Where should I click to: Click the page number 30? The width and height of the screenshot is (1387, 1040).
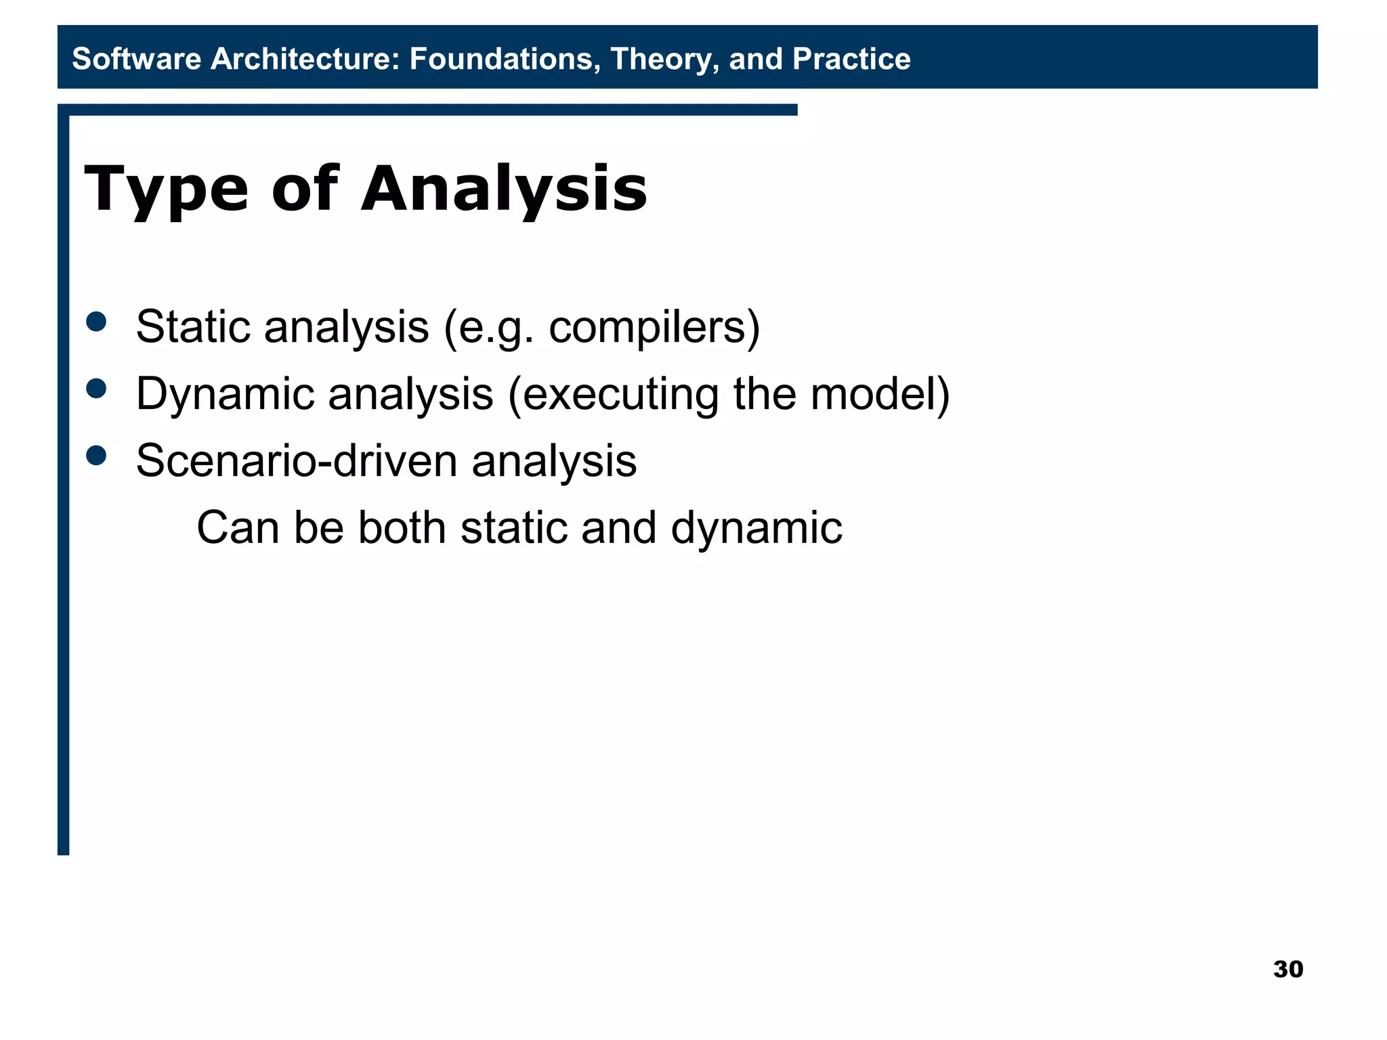tap(1287, 969)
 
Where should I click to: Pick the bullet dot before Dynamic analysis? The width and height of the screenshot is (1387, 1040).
tap(97, 388)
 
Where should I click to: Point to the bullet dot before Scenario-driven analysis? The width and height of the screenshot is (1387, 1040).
tap(97, 455)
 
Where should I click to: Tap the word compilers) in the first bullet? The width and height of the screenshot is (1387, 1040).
tap(654, 328)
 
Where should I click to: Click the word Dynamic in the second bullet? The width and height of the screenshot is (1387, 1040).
tap(223, 395)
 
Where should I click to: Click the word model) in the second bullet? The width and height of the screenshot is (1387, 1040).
tap(880, 393)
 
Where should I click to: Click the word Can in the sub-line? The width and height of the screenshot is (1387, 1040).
tap(237, 528)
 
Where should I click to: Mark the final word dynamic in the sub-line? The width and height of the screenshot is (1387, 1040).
tap(756, 529)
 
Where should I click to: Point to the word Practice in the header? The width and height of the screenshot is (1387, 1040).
tap(851, 59)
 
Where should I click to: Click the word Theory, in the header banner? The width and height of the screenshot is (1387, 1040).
tap(664, 59)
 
